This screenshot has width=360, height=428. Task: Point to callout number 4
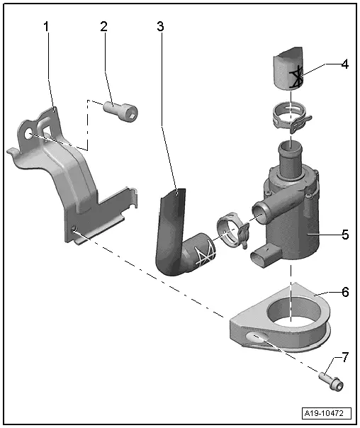[344, 64]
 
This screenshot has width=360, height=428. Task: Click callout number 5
[344, 235]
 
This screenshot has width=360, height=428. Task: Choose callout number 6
[344, 292]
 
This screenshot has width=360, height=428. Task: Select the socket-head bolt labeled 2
[120, 111]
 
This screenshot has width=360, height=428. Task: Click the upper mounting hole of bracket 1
[28, 134]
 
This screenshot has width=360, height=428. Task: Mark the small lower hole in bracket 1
[73, 228]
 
